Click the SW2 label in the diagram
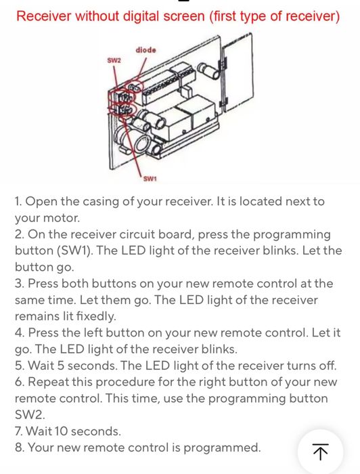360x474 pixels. pyautogui.click(x=114, y=60)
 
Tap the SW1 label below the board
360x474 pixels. pyautogui.click(x=150, y=179)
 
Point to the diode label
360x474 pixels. pyautogui.click(x=146, y=50)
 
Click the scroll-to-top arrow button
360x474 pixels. pyautogui.click(x=320, y=452)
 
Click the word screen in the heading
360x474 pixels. pyautogui.click(x=184, y=16)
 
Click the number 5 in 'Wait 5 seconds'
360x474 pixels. pyautogui.click(x=61, y=366)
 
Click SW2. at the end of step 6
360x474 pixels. pyautogui.click(x=30, y=414)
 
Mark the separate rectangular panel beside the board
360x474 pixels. pyautogui.click(x=238, y=72)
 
